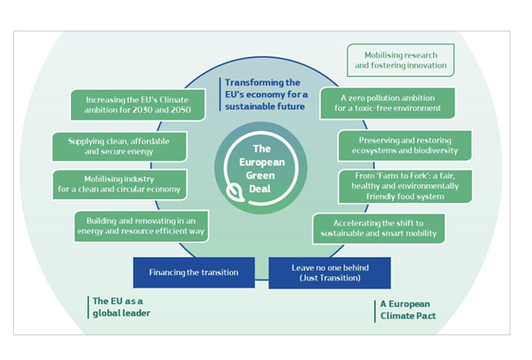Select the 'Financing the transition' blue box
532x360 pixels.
[192, 272]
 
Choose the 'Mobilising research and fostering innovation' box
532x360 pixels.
[400, 58]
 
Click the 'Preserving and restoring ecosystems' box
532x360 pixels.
[403, 144]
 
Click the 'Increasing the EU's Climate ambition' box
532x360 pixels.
[130, 104]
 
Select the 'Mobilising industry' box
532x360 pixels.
[119, 183]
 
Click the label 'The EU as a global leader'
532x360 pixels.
[122, 307]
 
